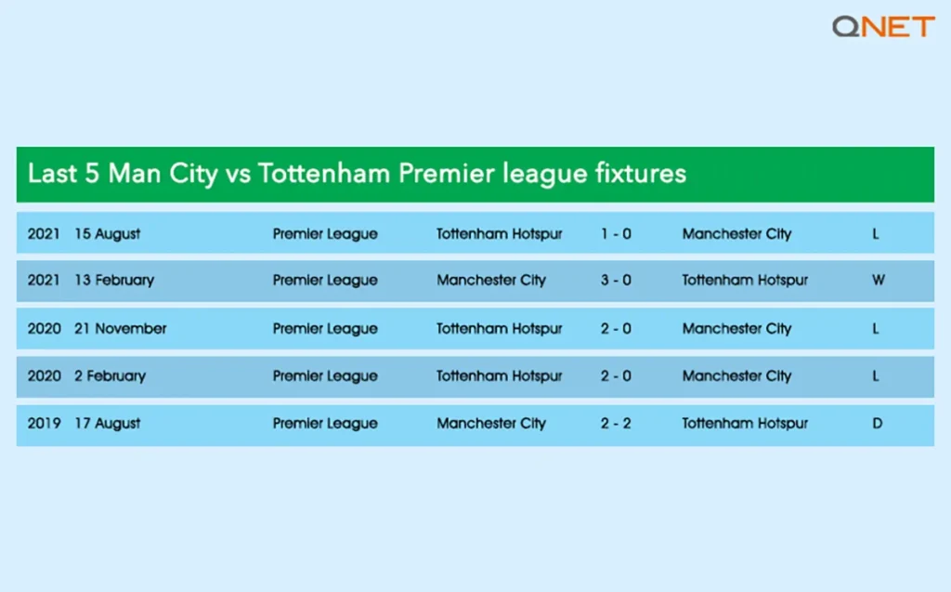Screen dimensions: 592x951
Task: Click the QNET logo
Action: point(882,26)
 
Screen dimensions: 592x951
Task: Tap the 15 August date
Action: point(108,234)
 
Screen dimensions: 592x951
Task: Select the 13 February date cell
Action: point(114,280)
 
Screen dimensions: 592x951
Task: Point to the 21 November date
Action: point(121,328)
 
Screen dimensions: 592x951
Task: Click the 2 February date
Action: point(110,376)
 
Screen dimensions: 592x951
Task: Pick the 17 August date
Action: point(108,423)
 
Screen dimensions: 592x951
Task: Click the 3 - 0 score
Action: point(615,280)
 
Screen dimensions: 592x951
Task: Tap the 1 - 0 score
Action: point(615,234)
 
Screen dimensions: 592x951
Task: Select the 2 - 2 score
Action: point(615,423)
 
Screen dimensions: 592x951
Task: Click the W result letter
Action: point(878,280)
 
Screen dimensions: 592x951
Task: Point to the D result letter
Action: point(877,423)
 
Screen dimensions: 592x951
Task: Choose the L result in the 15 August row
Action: point(876,234)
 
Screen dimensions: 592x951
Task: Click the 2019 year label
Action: point(44,423)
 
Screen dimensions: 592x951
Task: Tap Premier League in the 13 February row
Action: point(325,280)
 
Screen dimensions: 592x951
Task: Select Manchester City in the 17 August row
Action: point(491,423)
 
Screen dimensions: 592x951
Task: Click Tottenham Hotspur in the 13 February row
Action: point(745,280)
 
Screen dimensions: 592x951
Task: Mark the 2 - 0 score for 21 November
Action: point(615,328)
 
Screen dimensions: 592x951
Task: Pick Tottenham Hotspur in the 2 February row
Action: point(500,376)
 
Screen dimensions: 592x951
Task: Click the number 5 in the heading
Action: point(92,174)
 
